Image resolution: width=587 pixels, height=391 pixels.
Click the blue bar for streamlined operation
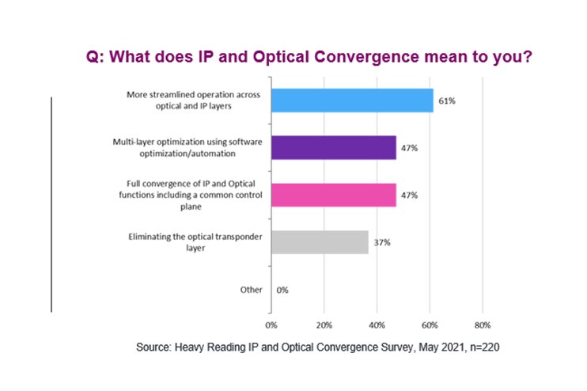(352, 100)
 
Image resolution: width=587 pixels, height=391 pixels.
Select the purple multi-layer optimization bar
(333, 147)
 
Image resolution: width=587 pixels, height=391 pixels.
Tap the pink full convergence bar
(333, 195)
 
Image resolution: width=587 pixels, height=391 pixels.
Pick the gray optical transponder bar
(320, 242)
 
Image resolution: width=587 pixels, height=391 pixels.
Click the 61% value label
(448, 101)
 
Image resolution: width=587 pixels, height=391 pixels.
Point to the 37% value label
(383, 242)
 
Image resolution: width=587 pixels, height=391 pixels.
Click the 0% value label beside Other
(282, 290)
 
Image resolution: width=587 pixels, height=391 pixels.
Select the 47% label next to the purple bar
(410, 148)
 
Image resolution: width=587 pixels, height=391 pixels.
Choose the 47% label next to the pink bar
(410, 195)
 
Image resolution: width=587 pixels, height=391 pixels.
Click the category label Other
(251, 290)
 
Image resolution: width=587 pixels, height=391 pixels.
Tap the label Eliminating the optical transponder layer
(195, 242)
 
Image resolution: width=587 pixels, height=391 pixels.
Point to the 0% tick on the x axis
(271, 325)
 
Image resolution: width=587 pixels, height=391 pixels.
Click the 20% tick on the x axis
(324, 325)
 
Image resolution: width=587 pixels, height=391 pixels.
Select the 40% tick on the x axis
(377, 325)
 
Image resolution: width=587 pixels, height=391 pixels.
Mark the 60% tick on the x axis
(430, 325)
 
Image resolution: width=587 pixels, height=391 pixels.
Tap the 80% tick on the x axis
(483, 325)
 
